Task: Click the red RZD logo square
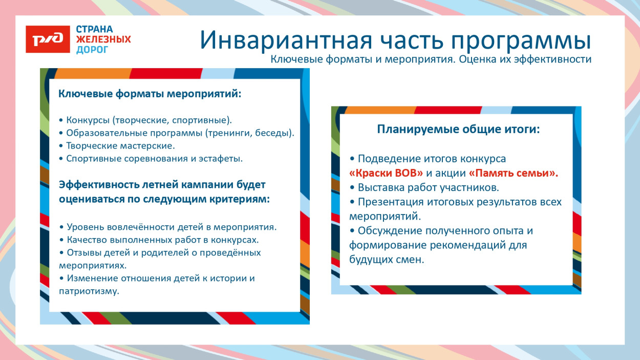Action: click(48, 39)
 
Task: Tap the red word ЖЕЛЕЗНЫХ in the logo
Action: click(103, 39)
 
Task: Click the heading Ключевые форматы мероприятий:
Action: click(150, 94)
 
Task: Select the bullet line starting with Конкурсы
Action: click(145, 120)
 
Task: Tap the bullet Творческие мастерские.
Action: click(113, 146)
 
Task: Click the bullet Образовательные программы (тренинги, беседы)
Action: click(177, 133)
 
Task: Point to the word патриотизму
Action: click(89, 291)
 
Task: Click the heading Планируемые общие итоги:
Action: click(458, 130)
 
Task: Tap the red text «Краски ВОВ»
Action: click(382, 173)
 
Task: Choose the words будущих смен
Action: click(387, 260)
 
